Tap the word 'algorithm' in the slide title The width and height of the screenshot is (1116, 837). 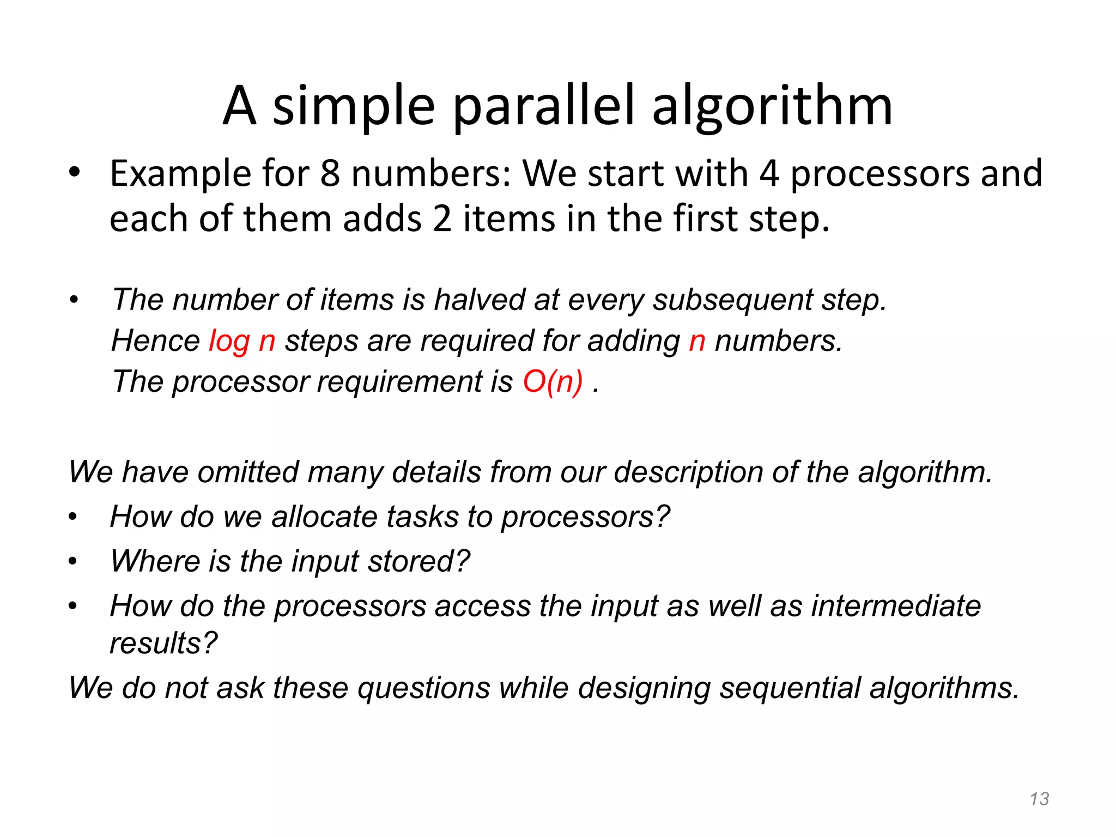click(772, 106)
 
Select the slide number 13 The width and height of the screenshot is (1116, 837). click(1039, 799)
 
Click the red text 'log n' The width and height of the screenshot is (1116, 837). click(242, 342)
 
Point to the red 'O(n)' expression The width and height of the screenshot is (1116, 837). click(553, 381)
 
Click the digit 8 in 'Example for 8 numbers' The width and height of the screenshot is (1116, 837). click(330, 174)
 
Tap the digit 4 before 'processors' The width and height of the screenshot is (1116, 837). click(769, 174)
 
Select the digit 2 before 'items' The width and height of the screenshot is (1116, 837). click(442, 219)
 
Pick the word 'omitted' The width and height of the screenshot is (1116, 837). click(248, 472)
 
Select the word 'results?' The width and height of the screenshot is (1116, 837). click(163, 643)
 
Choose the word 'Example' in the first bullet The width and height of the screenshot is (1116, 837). click(180, 174)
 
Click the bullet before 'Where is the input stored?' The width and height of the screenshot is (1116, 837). click(73, 561)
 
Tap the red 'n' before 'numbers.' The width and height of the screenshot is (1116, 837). click(697, 342)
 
